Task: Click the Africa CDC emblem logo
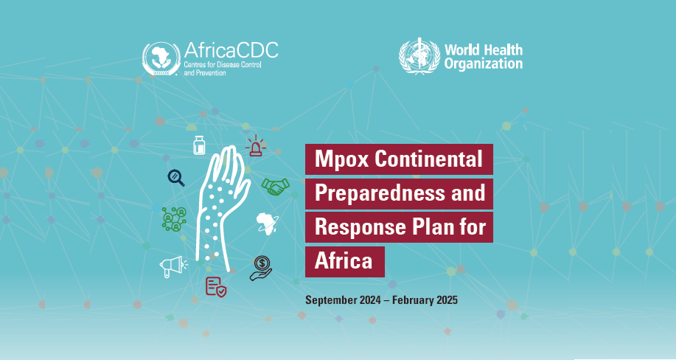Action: coord(161,59)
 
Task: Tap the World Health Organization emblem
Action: coord(419,56)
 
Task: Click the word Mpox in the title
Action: coord(342,159)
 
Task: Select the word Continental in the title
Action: coord(428,159)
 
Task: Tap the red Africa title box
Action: coord(345,262)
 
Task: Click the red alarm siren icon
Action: coord(256,145)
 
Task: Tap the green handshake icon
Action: coord(276,187)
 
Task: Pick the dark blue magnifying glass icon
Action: coord(176,177)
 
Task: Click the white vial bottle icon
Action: coord(199,145)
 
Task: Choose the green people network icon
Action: coord(174,219)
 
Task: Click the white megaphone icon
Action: coord(173,266)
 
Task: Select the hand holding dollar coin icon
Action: coord(261,268)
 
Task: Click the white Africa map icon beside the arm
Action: coord(268,224)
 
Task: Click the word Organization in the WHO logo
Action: coord(484,64)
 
